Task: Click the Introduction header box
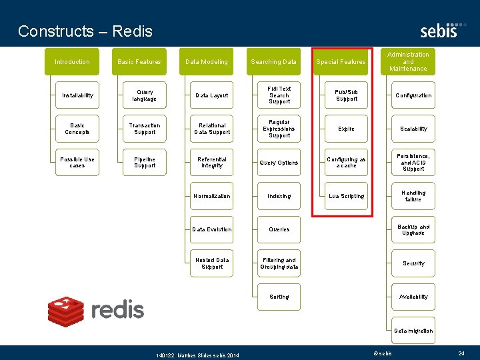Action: tap(72, 62)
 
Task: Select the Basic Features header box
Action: tap(139, 62)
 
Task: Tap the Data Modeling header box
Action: tap(207, 62)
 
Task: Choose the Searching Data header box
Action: tap(274, 62)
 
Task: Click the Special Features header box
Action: tap(341, 62)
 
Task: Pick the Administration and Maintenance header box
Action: tap(408, 61)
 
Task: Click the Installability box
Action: tap(78, 95)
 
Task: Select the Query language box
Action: tap(145, 95)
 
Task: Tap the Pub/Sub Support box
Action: tap(347, 95)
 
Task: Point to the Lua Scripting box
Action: tap(347, 196)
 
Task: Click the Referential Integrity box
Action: tap(212, 163)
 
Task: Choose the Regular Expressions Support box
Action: tap(279, 129)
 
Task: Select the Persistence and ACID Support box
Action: tap(413, 163)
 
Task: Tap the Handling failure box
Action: tap(413, 196)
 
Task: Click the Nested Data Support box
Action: tap(212, 263)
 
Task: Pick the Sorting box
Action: tap(279, 297)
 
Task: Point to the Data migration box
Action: tap(413, 331)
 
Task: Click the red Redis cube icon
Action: tap(66, 310)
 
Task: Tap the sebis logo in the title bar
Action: tap(439, 31)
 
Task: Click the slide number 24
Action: tap(461, 353)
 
